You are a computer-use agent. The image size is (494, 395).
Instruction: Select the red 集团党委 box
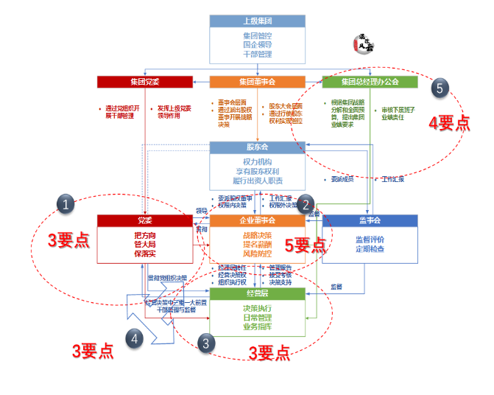pos(144,81)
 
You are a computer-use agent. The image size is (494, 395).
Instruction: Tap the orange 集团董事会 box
pos(257,81)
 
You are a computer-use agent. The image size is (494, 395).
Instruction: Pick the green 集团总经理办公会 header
pos(370,81)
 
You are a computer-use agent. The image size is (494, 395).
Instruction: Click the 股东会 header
pos(257,147)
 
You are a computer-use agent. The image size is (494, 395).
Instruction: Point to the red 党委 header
pos(144,220)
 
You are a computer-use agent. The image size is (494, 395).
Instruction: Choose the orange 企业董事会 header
pos(257,220)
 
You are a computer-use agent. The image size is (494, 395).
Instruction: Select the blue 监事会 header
pos(370,220)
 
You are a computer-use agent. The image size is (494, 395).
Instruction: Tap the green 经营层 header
pos(257,293)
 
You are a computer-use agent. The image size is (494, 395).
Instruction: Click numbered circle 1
pos(67,204)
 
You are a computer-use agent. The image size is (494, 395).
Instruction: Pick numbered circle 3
pos(208,343)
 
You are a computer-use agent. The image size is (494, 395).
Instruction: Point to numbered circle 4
pos(133,339)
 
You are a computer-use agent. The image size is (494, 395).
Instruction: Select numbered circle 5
pos(439,88)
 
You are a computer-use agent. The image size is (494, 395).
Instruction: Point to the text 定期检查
pos(370,249)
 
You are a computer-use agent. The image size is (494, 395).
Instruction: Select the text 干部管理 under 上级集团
pos(257,55)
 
